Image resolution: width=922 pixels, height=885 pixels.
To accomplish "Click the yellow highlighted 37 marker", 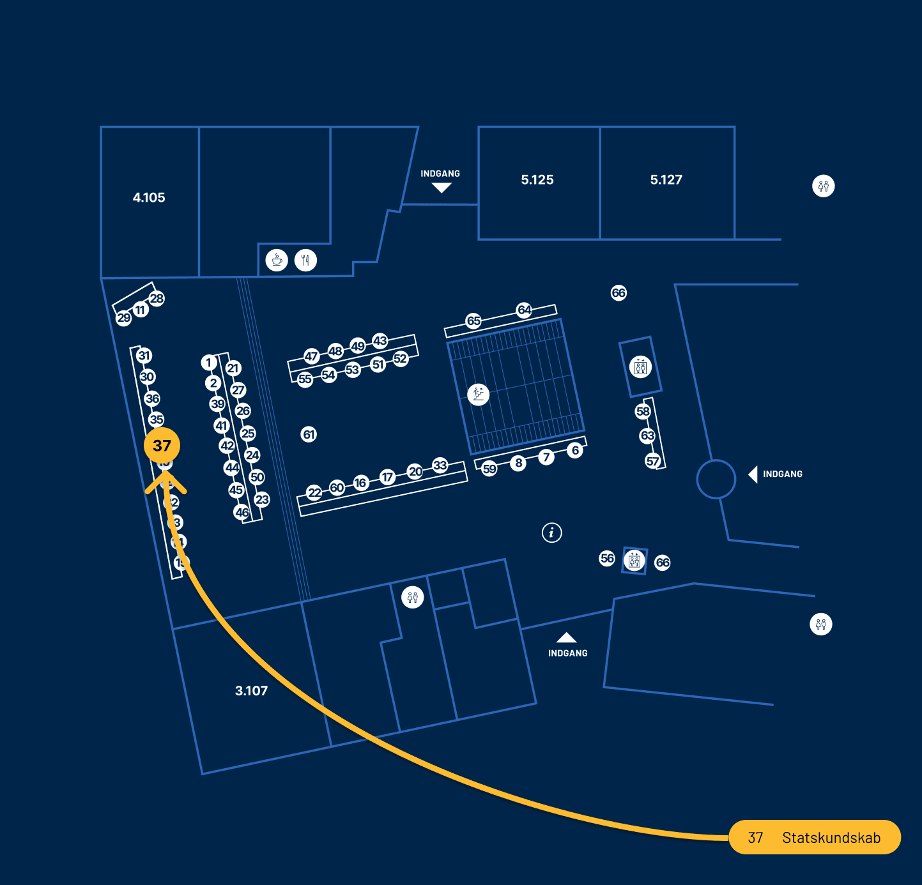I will (x=162, y=446).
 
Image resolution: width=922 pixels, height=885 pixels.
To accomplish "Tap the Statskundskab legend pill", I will (x=815, y=837).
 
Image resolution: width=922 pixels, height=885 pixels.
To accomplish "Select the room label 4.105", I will (x=149, y=198).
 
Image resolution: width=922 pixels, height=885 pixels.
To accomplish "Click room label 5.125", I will (x=537, y=180).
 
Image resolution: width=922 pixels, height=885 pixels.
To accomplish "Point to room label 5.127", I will (x=666, y=180).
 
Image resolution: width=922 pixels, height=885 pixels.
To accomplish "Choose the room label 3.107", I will (x=251, y=691).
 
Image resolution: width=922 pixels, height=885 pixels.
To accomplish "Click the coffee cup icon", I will (x=277, y=260).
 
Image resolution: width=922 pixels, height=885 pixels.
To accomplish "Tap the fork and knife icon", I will (x=306, y=260).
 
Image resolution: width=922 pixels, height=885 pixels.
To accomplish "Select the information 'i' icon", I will (x=552, y=532).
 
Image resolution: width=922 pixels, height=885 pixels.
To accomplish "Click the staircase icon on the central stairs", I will (x=478, y=394).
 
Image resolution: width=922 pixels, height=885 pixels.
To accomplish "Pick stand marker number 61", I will (x=309, y=435).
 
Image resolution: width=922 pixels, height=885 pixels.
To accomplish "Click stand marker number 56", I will (x=607, y=558).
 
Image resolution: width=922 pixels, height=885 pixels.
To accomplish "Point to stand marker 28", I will (x=157, y=298).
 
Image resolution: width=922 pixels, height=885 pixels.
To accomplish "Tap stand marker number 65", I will (x=473, y=321).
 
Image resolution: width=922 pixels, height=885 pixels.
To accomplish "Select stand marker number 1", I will (x=208, y=363).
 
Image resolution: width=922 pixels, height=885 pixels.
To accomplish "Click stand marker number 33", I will (x=440, y=465).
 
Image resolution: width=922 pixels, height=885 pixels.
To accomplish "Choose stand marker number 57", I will (x=652, y=461).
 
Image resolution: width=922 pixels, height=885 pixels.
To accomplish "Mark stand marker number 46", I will (x=242, y=512).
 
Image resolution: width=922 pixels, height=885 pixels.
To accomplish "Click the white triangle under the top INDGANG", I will (x=442, y=188).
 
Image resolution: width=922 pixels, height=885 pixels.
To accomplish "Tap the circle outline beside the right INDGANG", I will (x=716, y=479).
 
